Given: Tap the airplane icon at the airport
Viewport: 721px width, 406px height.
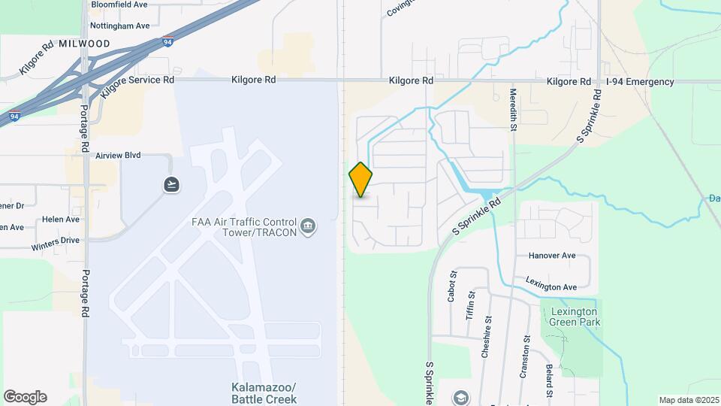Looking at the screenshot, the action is click(173, 184).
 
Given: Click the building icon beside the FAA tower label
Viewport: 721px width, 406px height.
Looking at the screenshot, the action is click(308, 226).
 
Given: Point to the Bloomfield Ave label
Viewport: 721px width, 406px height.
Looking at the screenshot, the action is click(119, 5).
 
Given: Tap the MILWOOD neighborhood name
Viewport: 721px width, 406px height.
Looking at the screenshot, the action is click(83, 44).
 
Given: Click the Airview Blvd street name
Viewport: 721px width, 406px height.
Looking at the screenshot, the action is click(119, 156).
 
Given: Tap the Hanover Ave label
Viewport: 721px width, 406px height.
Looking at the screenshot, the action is click(552, 256).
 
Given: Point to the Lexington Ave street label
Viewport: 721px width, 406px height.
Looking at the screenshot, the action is click(551, 287).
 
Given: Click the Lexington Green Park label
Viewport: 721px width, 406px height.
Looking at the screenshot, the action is click(574, 317).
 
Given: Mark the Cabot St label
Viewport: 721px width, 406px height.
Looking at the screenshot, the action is click(452, 286).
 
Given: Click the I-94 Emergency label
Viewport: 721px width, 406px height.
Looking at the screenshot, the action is click(641, 81).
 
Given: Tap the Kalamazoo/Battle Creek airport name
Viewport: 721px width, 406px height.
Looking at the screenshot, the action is click(263, 393).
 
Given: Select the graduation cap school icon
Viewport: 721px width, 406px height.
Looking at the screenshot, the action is click(460, 397).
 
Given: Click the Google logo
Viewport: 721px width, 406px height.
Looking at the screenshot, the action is click(25, 397).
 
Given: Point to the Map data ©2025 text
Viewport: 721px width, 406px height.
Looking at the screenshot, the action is click(688, 400).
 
